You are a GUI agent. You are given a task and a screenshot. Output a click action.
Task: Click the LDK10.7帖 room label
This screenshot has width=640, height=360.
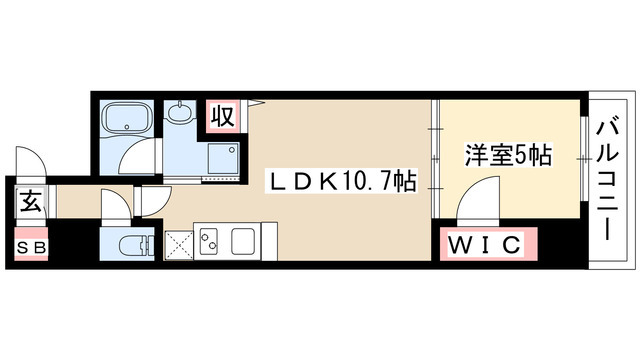coord(340,182)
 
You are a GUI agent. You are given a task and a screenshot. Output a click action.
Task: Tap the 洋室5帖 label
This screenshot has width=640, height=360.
coord(508,156)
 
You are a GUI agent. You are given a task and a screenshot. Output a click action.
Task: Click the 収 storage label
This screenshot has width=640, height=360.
coord(222,116)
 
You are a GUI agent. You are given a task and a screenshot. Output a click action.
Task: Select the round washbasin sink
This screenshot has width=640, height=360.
coord(181,114)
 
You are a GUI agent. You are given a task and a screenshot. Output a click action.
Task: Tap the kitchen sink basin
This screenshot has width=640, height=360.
coord(244,241)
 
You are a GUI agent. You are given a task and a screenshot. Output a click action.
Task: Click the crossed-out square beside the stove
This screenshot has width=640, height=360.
coord(180,244)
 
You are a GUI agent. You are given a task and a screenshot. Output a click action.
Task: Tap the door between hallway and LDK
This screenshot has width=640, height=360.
coord(155,200)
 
